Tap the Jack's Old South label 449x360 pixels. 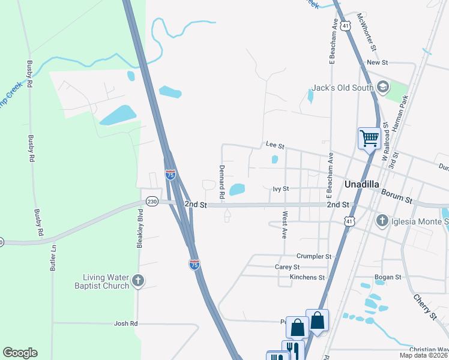(342, 88)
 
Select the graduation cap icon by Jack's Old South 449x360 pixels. (382, 88)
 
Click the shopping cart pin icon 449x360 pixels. (369, 138)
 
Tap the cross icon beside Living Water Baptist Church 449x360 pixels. (139, 280)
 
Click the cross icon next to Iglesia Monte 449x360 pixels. (382, 221)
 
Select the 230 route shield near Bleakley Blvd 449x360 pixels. (152, 202)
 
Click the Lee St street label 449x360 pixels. (275, 145)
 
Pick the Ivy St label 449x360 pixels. (281, 188)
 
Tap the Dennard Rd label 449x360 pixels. (221, 182)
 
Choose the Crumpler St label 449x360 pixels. (310, 256)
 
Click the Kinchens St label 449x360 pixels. (307, 277)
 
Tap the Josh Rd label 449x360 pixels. (126, 323)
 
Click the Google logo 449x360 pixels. (20, 353)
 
